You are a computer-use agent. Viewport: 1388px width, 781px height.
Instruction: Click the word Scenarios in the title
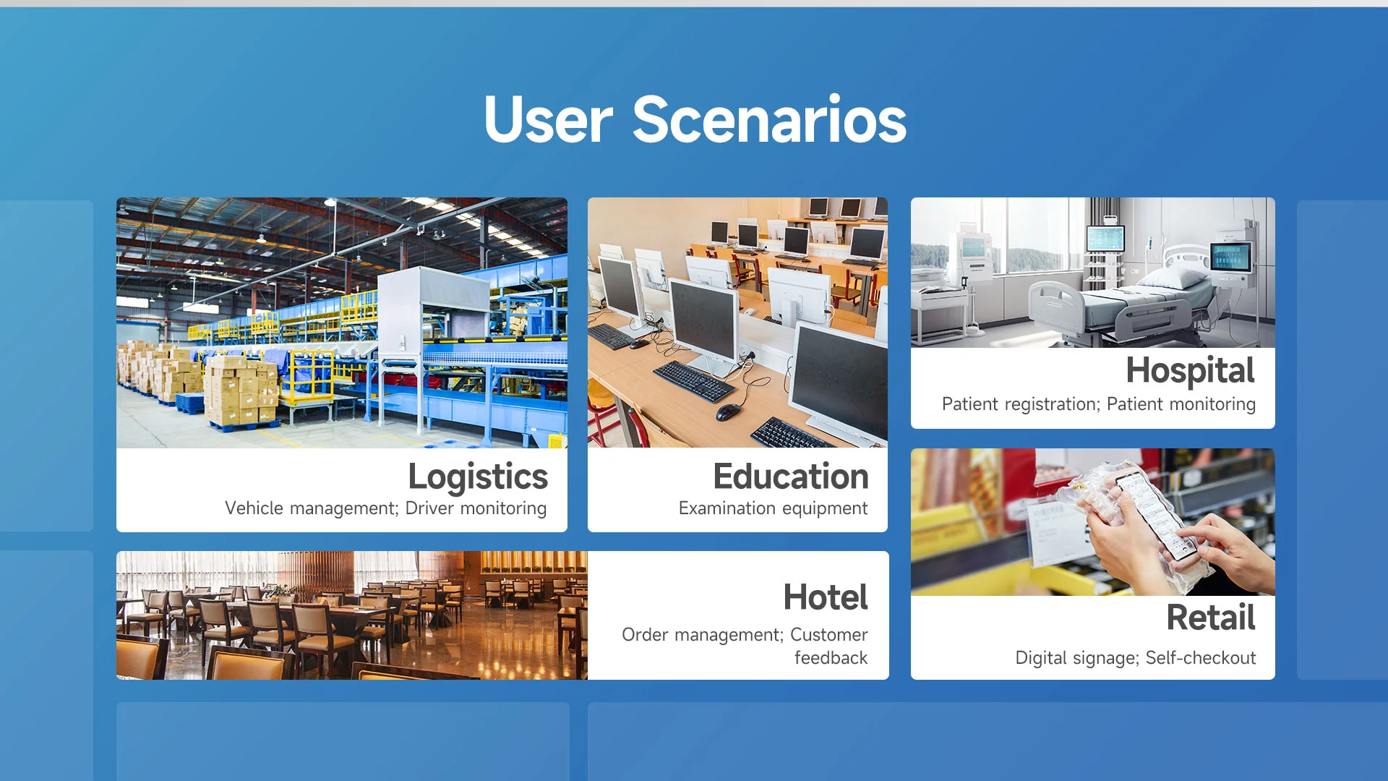[x=769, y=119]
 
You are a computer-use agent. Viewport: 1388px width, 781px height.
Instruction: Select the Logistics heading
[x=478, y=477]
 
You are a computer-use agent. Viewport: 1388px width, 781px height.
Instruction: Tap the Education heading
[x=791, y=477]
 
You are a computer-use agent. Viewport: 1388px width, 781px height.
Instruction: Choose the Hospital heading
[x=1190, y=371]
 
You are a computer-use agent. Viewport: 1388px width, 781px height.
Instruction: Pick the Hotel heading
[x=826, y=597]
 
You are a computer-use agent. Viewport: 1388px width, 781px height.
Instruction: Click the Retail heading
[x=1211, y=618]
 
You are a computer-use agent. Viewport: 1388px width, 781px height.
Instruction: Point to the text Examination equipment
[x=773, y=508]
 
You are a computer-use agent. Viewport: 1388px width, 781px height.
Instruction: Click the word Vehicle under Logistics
[x=254, y=508]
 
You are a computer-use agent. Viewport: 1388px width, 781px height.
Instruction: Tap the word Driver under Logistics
[x=429, y=508]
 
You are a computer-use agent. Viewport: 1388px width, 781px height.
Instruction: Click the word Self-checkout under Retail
[x=1201, y=658]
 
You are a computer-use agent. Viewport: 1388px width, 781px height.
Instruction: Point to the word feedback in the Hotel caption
[x=831, y=658]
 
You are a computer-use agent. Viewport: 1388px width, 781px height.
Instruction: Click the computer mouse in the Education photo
[x=728, y=412]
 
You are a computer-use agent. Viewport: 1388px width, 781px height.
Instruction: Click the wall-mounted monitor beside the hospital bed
[x=1230, y=257]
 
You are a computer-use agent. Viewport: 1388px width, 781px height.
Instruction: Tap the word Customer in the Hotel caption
[x=828, y=634]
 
